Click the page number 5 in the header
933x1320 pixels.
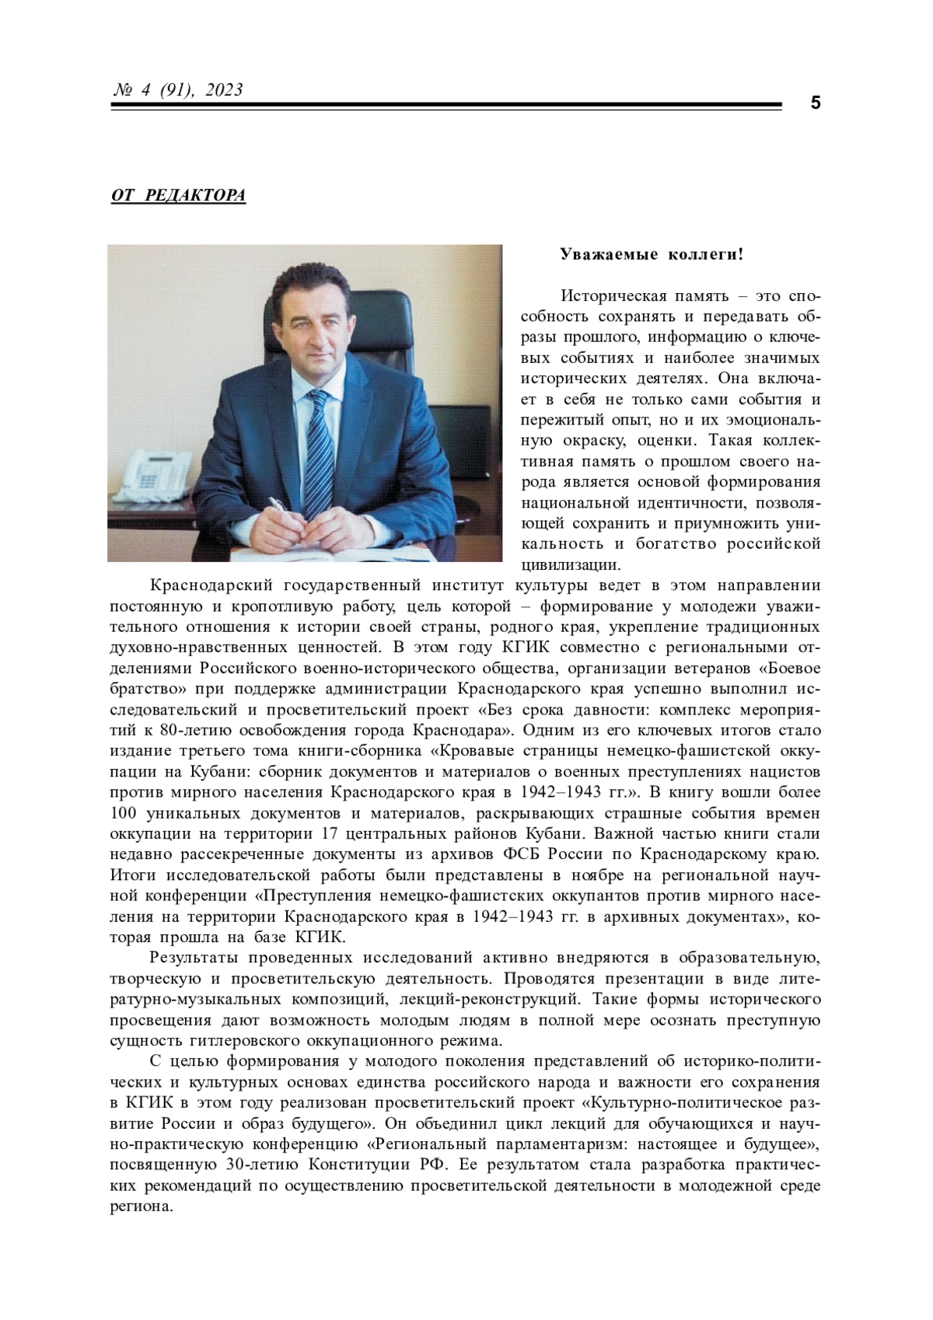pos(815,103)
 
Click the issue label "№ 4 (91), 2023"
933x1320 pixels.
pos(178,90)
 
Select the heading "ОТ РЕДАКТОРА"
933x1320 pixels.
pos(178,195)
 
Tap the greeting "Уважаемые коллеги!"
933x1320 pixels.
pos(652,254)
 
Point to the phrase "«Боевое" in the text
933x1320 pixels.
pos(789,668)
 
